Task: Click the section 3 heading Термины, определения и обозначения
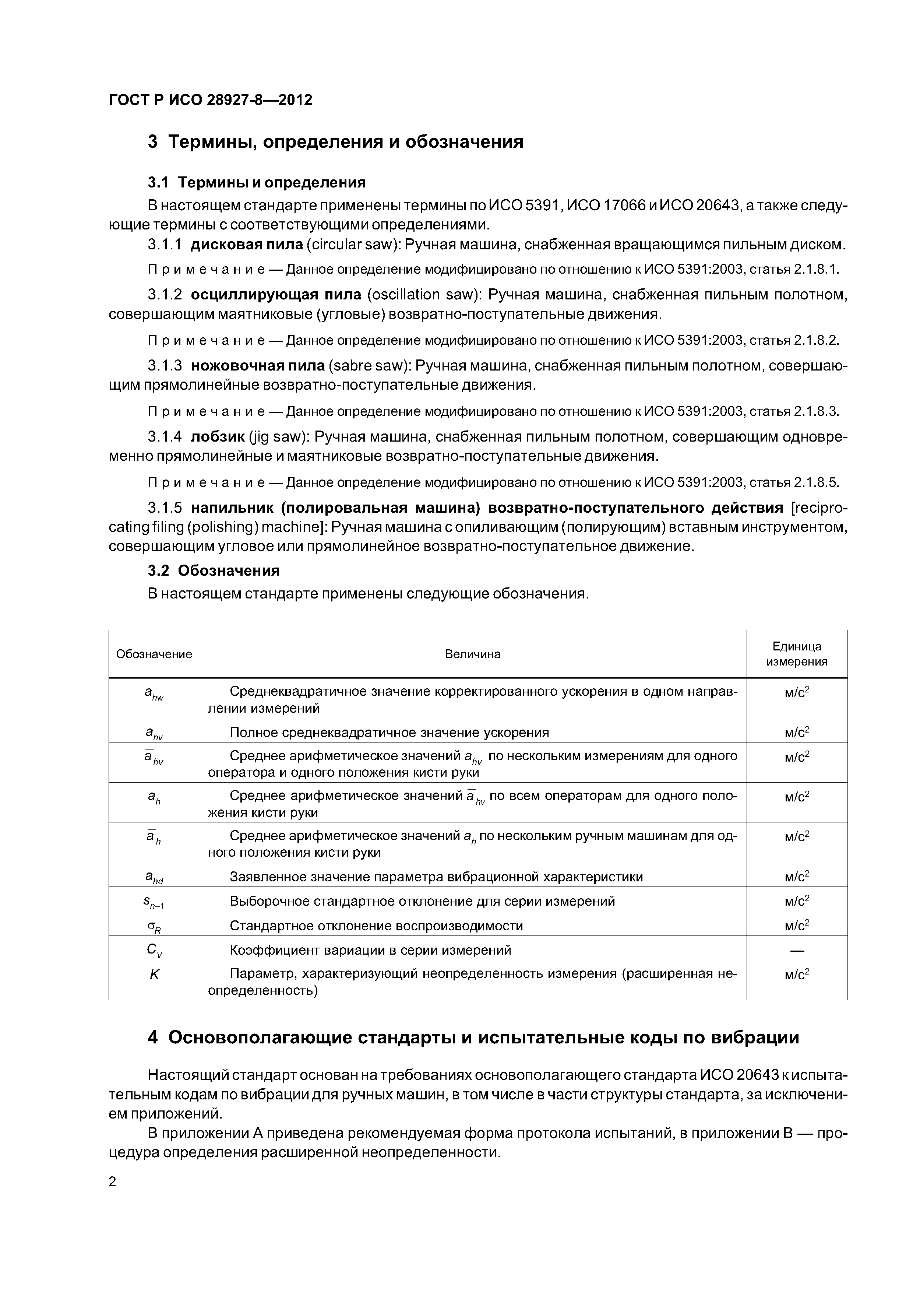[x=335, y=141]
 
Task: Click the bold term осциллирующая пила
[x=276, y=295]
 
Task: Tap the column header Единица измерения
[x=797, y=654]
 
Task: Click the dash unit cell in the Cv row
[x=797, y=951]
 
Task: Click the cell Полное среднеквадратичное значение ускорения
[x=389, y=732]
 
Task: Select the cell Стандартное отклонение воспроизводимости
[x=376, y=926]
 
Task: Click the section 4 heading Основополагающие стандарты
[x=473, y=1037]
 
